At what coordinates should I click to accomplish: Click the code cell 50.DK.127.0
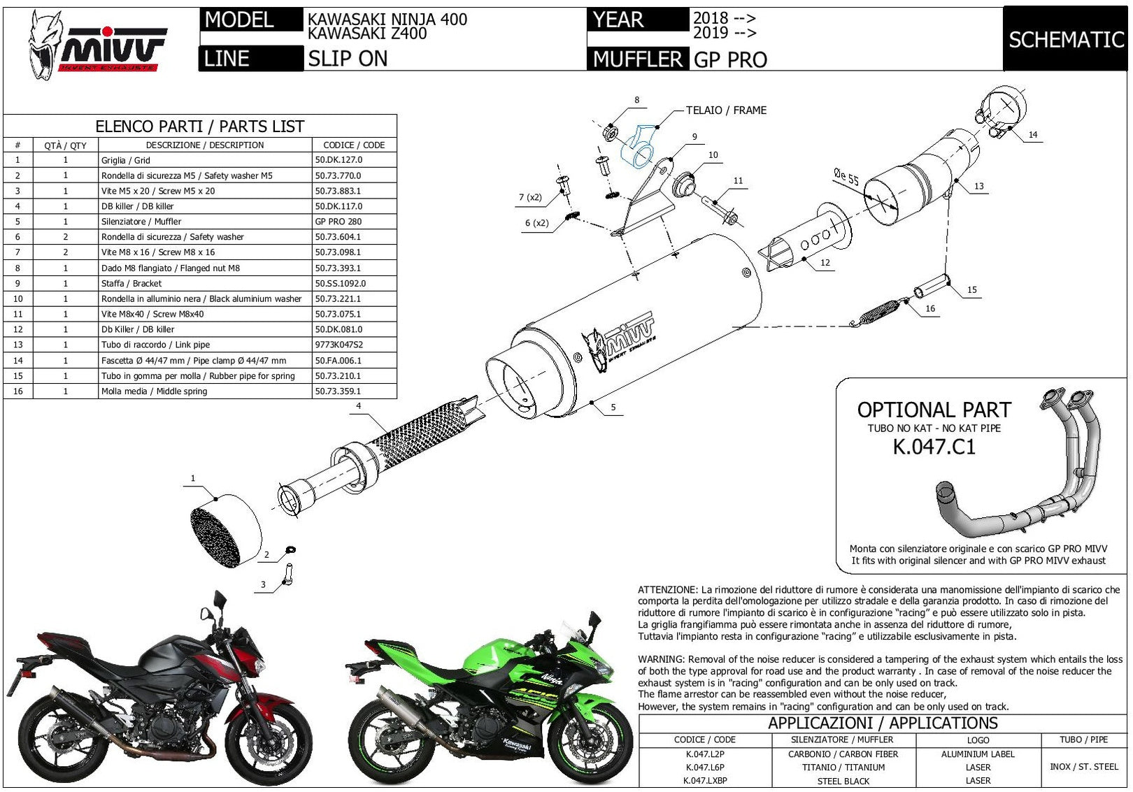pos(339,159)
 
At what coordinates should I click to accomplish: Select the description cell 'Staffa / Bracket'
pos(131,284)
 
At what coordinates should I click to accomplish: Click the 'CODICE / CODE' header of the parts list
pos(354,145)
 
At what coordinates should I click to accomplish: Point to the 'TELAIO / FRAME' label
pos(726,110)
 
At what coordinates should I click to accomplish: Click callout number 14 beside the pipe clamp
pos(1033,134)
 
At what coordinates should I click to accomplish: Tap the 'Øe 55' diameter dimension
pos(846,176)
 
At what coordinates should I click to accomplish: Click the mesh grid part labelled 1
pos(226,531)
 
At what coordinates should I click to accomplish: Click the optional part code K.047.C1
pos(934,447)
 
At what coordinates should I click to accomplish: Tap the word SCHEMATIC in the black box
pos(1067,39)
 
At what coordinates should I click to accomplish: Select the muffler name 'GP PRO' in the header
pos(730,59)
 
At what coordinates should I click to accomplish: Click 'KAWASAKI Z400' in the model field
pos(367,34)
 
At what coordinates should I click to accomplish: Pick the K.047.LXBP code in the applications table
pos(705,780)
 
